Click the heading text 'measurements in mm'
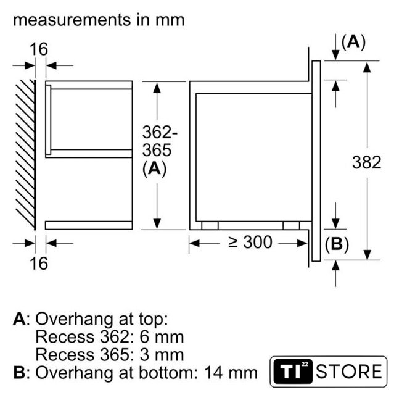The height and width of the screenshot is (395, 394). (99, 20)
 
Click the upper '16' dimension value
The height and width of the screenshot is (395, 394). (38, 49)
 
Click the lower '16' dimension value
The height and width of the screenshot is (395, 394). (38, 264)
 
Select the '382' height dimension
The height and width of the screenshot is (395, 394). (367, 162)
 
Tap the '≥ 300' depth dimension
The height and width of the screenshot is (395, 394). (250, 243)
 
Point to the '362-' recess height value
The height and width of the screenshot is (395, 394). (160, 132)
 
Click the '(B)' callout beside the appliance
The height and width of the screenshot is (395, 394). (337, 244)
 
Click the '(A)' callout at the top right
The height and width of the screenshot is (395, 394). (353, 42)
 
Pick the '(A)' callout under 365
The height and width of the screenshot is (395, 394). (155, 168)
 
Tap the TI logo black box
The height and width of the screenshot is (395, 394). (293, 372)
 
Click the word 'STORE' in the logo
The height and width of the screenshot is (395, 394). (349, 372)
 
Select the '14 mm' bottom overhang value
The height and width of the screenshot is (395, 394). (231, 373)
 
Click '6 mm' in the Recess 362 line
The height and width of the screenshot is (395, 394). (162, 337)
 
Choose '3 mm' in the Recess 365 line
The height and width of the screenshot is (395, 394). (162, 355)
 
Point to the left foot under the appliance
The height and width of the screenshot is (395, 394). (210, 225)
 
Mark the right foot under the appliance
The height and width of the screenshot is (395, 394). (291, 225)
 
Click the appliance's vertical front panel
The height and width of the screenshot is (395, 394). (316, 161)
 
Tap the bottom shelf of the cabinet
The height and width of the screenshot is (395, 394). (89, 225)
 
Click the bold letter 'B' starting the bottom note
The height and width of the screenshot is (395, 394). (19, 373)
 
